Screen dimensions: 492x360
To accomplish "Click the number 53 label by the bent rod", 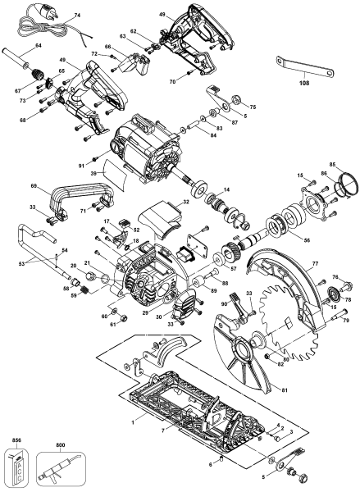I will pos(22,264).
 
